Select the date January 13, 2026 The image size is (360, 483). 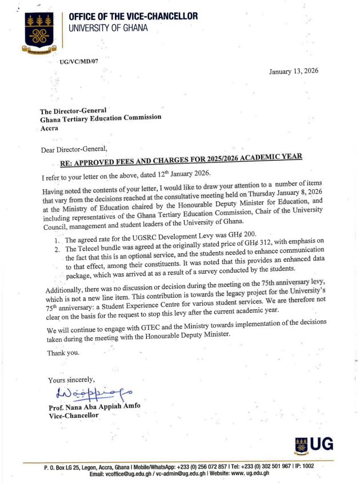[x=294, y=71]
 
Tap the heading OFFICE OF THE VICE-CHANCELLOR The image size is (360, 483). [x=133, y=17]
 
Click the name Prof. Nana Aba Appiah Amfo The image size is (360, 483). [x=96, y=407]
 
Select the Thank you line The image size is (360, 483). [x=63, y=352]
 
